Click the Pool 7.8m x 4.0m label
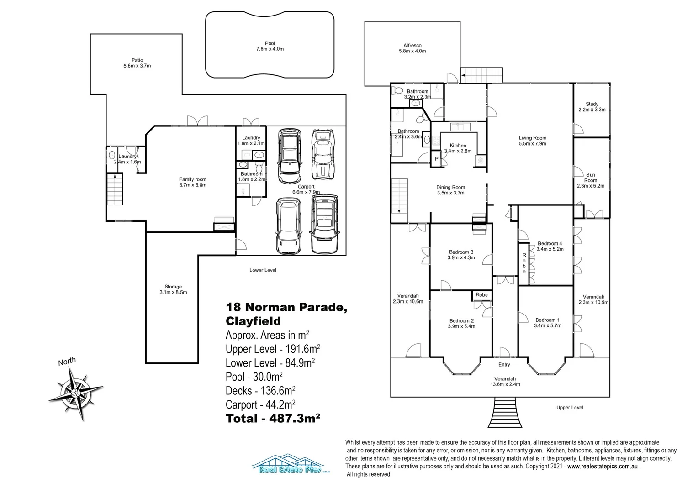[270, 46]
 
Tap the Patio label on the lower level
[137, 63]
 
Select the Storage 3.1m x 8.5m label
[173, 289]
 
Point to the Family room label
[193, 182]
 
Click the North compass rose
[76, 393]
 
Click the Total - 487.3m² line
[273, 418]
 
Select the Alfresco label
[412, 48]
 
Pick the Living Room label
[532, 141]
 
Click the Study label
[592, 107]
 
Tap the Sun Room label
[591, 180]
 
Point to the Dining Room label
[450, 190]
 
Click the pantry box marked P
[437, 159]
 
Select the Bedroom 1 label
[548, 323]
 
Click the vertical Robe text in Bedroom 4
[524, 263]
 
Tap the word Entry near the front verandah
[504, 364]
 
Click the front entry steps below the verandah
[505, 412]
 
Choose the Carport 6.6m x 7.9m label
[306, 189]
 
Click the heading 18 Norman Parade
[286, 307]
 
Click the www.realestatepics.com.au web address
[603, 466]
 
